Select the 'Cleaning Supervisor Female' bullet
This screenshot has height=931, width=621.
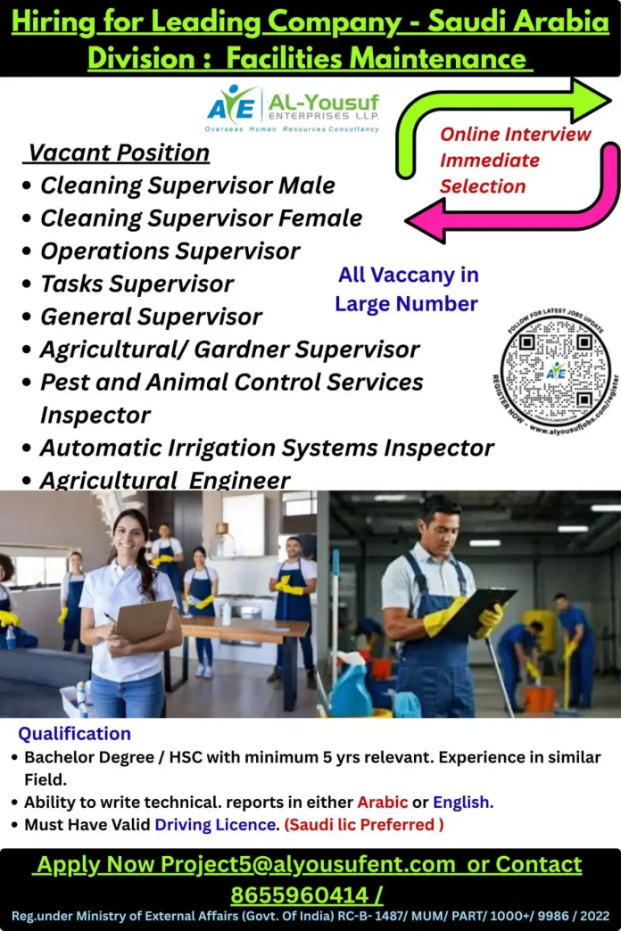tap(201, 218)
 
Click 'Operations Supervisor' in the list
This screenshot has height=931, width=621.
tap(170, 251)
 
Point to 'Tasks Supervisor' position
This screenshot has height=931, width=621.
tap(137, 284)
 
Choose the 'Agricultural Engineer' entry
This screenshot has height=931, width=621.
tap(165, 481)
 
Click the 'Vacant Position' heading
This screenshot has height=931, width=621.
tap(119, 153)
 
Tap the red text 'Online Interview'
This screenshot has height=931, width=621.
tap(515, 135)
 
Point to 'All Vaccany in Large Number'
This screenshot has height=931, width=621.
tap(407, 289)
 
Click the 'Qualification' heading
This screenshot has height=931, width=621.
tap(74, 734)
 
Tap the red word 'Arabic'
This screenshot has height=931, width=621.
tap(382, 801)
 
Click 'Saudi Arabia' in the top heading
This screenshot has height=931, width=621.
tap(517, 22)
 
